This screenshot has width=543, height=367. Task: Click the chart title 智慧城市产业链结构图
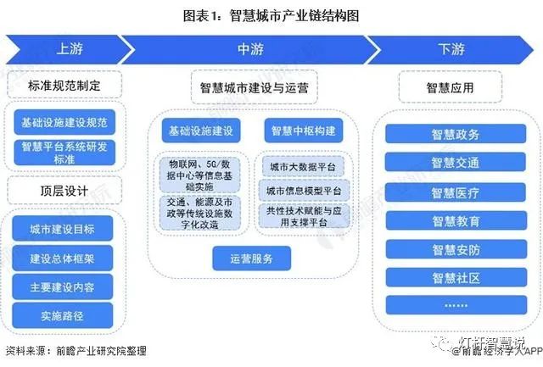point(271,15)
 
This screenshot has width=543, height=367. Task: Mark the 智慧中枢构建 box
point(303,131)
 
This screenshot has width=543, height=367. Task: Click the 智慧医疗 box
point(456,192)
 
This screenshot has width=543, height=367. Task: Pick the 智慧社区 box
point(456,277)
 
